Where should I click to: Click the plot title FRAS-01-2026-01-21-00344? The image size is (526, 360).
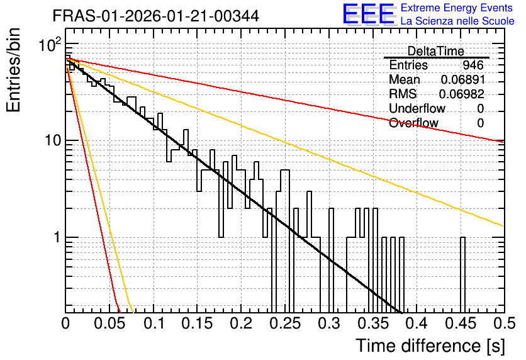click(x=155, y=16)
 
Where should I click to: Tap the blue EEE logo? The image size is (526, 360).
click(x=368, y=14)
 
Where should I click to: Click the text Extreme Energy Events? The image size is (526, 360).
click(x=457, y=8)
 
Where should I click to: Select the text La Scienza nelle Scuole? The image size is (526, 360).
click(x=457, y=21)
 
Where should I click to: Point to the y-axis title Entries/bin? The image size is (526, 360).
click(x=14, y=70)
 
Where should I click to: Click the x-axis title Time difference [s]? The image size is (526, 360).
click(x=430, y=346)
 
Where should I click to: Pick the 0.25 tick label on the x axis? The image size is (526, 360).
click(x=285, y=323)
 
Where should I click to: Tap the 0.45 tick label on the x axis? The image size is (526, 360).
click(x=461, y=323)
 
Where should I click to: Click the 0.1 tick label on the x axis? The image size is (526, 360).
click(x=155, y=323)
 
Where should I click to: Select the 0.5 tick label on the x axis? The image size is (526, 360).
click(x=504, y=323)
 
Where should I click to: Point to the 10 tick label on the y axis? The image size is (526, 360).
click(x=53, y=140)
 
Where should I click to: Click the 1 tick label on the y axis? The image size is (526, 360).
click(x=57, y=237)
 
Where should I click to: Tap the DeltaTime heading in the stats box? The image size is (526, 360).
click(x=436, y=52)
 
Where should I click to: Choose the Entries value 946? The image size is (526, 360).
click(x=473, y=65)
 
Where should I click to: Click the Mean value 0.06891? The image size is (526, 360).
click(x=463, y=79)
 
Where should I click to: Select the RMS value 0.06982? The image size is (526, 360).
click(x=462, y=94)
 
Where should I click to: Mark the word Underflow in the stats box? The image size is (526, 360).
click(x=417, y=108)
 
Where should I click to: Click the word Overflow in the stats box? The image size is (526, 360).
click(x=413, y=123)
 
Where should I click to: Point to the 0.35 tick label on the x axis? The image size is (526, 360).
click(x=373, y=323)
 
